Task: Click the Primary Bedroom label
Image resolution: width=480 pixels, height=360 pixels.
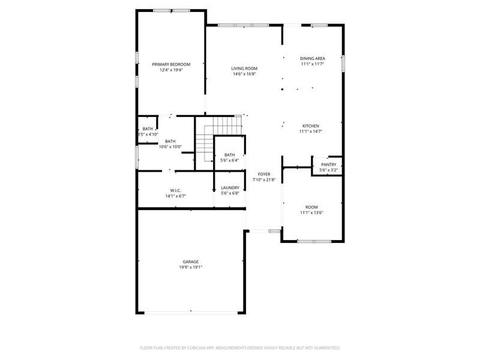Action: pyautogui.click(x=171, y=64)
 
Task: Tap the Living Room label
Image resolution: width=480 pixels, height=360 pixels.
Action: pyautogui.click(x=244, y=68)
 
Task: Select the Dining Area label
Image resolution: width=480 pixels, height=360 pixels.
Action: pyautogui.click(x=312, y=59)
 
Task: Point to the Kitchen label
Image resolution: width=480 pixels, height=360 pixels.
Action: pyautogui.click(x=310, y=126)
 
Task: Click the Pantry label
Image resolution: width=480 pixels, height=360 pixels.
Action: pyautogui.click(x=328, y=164)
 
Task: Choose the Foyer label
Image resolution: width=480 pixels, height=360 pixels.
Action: pyautogui.click(x=264, y=174)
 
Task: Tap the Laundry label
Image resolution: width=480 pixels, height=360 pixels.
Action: pyautogui.click(x=230, y=188)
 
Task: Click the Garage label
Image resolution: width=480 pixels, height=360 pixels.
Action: pyautogui.click(x=191, y=262)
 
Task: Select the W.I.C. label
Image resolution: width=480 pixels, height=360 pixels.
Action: pyautogui.click(x=176, y=190)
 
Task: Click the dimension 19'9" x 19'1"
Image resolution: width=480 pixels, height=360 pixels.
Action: pyautogui.click(x=191, y=268)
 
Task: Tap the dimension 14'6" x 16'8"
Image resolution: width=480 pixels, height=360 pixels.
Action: pyautogui.click(x=244, y=74)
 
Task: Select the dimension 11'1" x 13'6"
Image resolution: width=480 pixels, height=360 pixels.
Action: pyautogui.click(x=312, y=212)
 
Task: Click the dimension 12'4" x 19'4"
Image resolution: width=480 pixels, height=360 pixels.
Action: pyautogui.click(x=171, y=70)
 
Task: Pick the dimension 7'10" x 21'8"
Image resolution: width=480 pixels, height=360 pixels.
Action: pyautogui.click(x=264, y=180)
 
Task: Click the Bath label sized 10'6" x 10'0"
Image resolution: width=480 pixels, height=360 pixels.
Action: pyautogui.click(x=170, y=141)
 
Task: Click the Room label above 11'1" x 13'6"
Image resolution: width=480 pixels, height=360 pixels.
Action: pyautogui.click(x=312, y=206)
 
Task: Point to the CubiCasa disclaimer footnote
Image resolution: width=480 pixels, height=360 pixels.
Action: pyautogui.click(x=240, y=347)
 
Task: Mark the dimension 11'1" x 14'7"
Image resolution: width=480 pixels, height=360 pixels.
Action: pyautogui.click(x=311, y=131)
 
